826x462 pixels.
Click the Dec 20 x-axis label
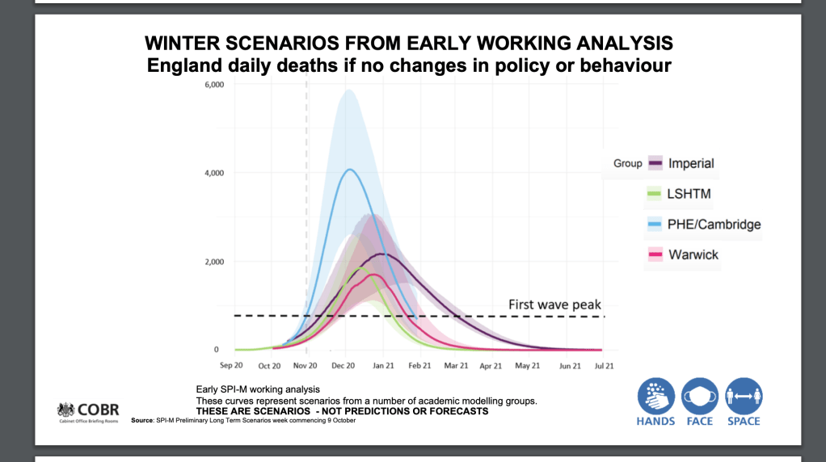click(x=344, y=366)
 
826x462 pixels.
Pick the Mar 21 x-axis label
click(x=456, y=366)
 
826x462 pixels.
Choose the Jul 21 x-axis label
click(x=603, y=366)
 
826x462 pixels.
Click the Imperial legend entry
click(x=691, y=163)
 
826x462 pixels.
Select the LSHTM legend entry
click(x=689, y=194)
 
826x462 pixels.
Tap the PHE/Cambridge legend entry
click(x=714, y=225)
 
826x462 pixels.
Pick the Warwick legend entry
click(x=693, y=255)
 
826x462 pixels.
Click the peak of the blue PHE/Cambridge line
click(x=349, y=170)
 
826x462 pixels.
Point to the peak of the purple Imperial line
click(x=382, y=254)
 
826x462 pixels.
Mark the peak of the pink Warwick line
click(x=373, y=275)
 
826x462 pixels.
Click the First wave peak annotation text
click(x=554, y=304)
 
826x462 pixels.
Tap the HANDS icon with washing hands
click(x=655, y=397)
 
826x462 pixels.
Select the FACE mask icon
click(x=700, y=397)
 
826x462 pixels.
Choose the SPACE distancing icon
click(x=744, y=397)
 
